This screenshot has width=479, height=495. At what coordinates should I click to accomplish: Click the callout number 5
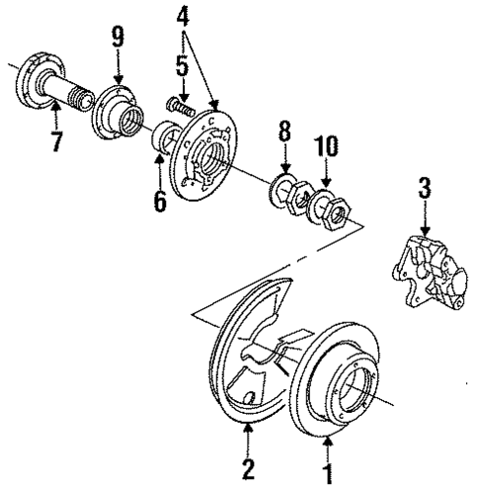[181, 68]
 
